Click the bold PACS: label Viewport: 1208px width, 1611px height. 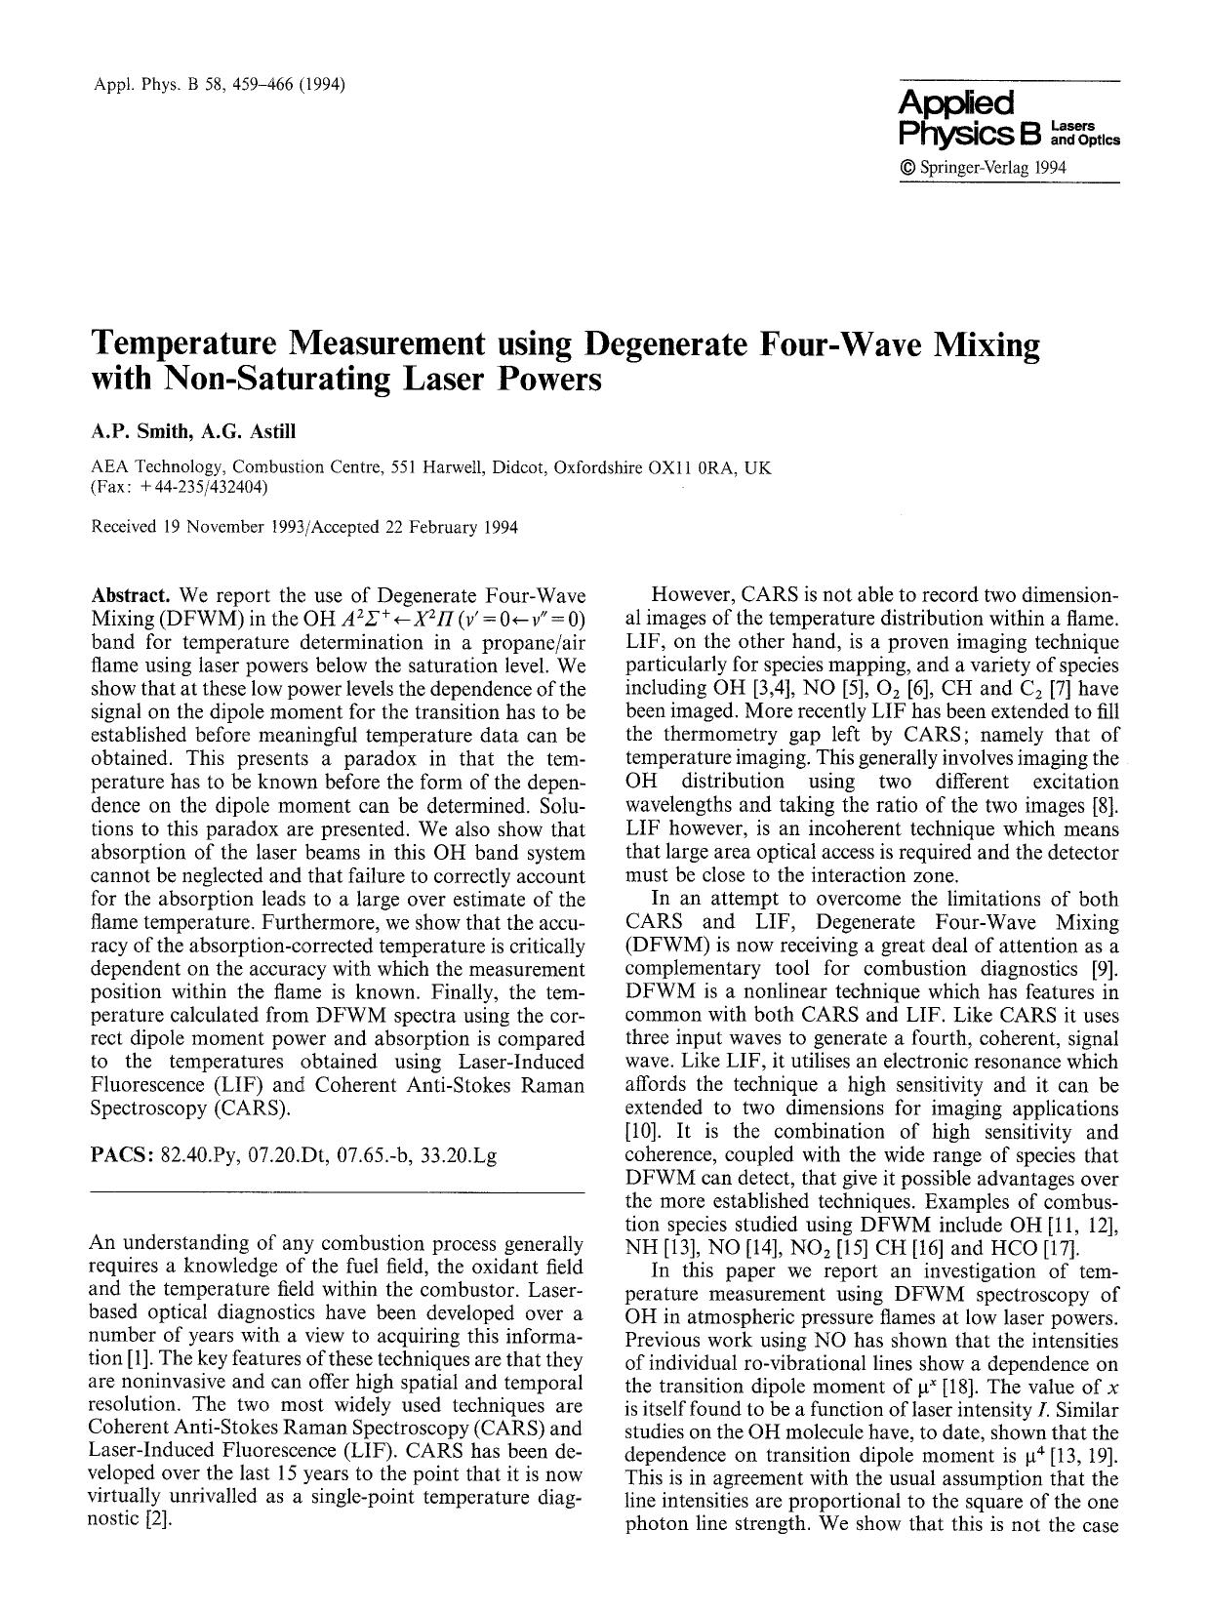click(121, 1156)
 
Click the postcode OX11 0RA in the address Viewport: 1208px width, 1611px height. click(693, 467)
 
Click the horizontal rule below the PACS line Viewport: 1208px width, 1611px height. click(336, 1193)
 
